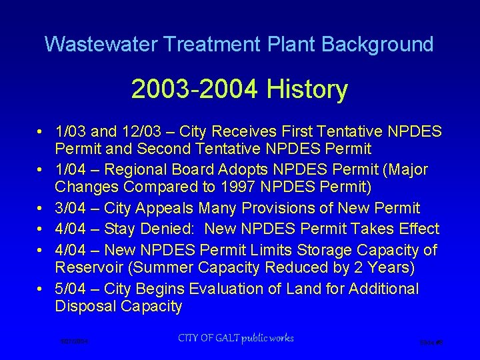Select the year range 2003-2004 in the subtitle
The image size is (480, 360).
coord(195,89)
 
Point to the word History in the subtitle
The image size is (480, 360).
coord(307,89)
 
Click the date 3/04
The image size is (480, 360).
coord(73,209)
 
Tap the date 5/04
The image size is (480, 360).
coord(73,289)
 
